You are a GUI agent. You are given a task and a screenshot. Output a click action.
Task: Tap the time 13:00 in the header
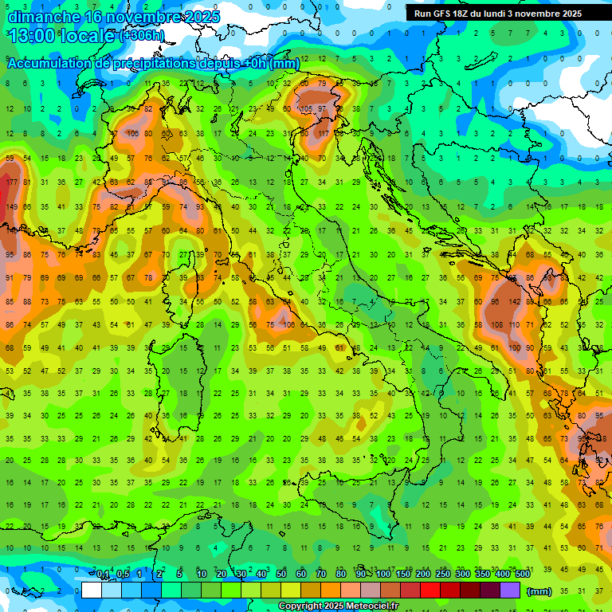click(32, 36)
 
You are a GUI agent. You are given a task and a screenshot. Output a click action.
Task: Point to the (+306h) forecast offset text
click(141, 36)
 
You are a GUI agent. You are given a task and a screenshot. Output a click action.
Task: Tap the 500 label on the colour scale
click(523, 575)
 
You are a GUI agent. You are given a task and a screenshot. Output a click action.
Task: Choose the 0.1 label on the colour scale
click(103, 575)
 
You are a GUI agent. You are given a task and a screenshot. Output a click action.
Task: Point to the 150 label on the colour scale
click(403, 575)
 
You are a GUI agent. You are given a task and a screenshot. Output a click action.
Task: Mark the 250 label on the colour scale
click(443, 575)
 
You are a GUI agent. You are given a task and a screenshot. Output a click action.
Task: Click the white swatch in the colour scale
click(92, 590)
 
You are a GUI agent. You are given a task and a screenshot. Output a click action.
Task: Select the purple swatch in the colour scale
click(510, 590)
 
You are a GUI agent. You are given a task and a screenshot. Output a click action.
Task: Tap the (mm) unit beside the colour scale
click(539, 591)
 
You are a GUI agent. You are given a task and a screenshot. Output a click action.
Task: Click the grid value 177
click(11, 182)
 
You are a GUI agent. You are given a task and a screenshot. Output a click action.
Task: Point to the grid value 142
click(516, 302)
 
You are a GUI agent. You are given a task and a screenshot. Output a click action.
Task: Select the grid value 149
click(11, 207)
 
